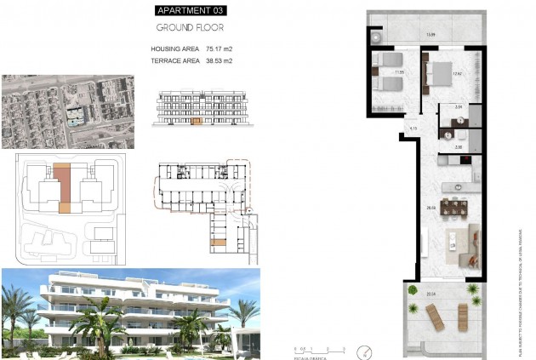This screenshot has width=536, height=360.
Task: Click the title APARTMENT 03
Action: (x=191, y=11)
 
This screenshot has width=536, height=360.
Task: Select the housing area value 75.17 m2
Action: (x=216, y=49)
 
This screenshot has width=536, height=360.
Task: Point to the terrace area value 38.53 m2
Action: (x=216, y=61)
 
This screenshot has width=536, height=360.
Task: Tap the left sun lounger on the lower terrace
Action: (x=435, y=321)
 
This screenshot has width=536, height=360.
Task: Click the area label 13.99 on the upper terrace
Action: (x=431, y=34)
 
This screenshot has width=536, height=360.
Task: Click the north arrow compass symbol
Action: (x=366, y=350)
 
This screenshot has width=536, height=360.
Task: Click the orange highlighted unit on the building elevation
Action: (x=197, y=122)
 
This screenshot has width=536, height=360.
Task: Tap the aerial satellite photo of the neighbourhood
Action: (x=67, y=111)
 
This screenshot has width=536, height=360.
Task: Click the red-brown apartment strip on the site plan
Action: (x=62, y=186)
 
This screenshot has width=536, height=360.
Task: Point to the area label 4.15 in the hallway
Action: (x=413, y=129)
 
